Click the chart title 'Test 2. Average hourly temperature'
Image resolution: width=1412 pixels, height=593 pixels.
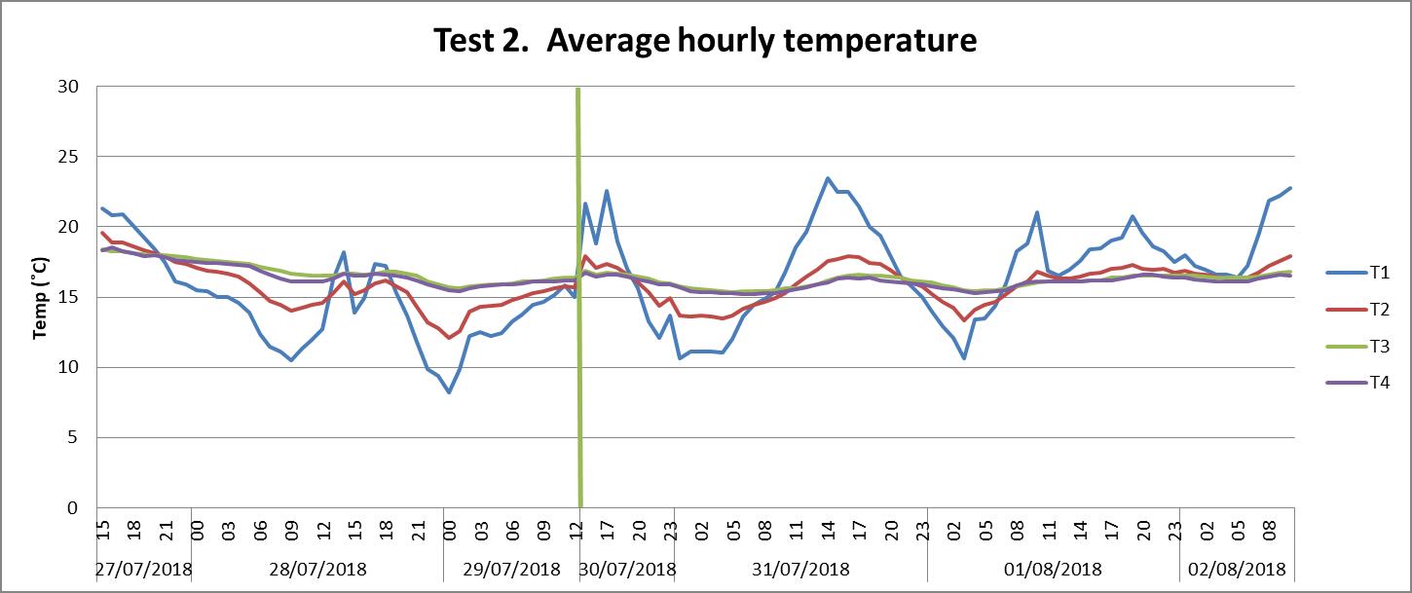pyautogui.click(x=705, y=41)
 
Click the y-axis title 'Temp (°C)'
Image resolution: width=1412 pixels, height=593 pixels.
pyautogui.click(x=41, y=297)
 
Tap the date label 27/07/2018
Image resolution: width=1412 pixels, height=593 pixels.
pyautogui.click(x=144, y=569)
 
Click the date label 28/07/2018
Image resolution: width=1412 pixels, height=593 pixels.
pyautogui.click(x=317, y=569)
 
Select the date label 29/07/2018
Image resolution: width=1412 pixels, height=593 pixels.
pyautogui.click(x=512, y=569)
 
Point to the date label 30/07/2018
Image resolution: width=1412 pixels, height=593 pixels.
pyautogui.click(x=627, y=569)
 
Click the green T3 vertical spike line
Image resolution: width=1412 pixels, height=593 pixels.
pyautogui.click(x=578, y=292)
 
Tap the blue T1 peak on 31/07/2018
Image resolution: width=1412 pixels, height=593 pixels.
pyautogui.click(x=828, y=178)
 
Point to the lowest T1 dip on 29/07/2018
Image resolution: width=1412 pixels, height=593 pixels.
pyautogui.click(x=449, y=392)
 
